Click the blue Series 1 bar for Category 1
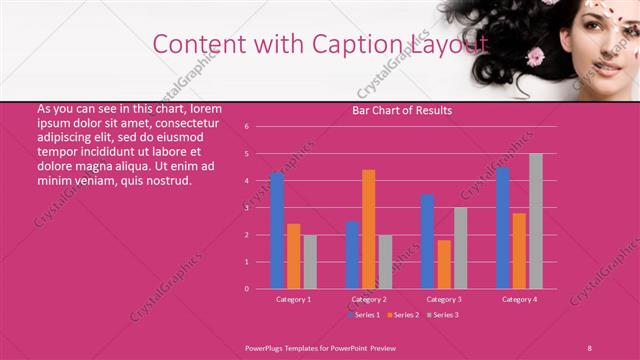tap(277, 231)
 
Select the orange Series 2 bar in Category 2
tap(369, 229)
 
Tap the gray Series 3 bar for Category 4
tap(536, 221)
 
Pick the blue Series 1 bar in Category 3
tap(427, 241)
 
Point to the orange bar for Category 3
tap(444, 264)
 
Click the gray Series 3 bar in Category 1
tap(310, 261)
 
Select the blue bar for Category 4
tap(503, 228)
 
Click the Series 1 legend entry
tap(366, 315)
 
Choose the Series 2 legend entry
tap(403, 315)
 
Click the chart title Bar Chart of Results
tap(402, 110)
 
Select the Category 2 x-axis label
tap(369, 299)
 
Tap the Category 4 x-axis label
tap(519, 299)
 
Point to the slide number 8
tap(590, 346)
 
